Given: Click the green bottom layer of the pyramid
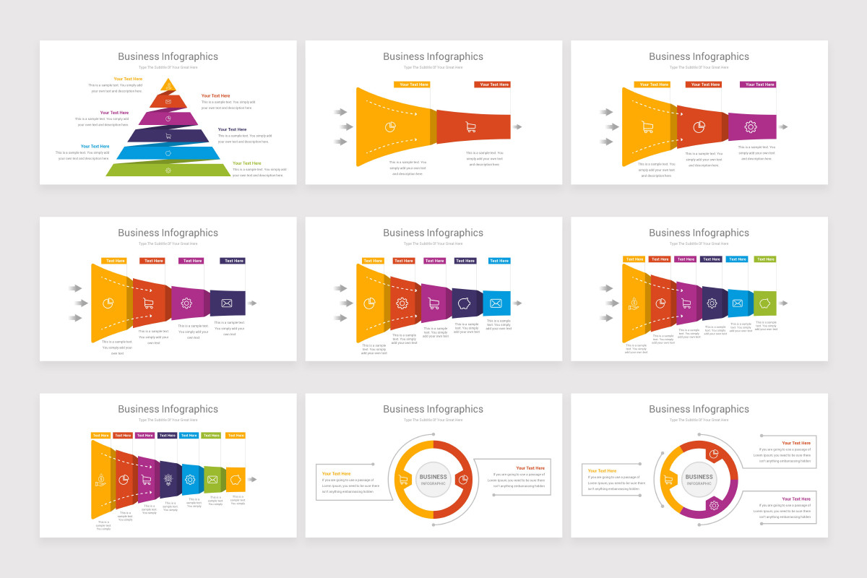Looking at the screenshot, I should pyautogui.click(x=168, y=171).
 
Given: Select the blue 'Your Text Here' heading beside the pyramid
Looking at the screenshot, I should pyautogui.click(x=95, y=146).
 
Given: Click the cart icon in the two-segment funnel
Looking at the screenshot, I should pyautogui.click(x=471, y=127).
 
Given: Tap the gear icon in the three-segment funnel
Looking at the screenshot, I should pyautogui.click(x=751, y=127).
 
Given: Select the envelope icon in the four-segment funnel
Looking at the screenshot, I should pyautogui.click(x=227, y=303).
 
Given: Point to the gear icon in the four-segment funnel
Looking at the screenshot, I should pyautogui.click(x=186, y=303).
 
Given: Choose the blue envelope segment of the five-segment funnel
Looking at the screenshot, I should pyautogui.click(x=496, y=303).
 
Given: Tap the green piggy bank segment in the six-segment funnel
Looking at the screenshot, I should pyautogui.click(x=764, y=303).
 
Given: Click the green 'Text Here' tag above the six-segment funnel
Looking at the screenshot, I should pyautogui.click(x=765, y=259).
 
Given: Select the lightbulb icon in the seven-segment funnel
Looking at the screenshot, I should pyautogui.click(x=168, y=479).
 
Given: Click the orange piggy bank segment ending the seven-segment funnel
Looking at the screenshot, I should pyautogui.click(x=236, y=479).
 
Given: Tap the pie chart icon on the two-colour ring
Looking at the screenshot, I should pyautogui.click(x=463, y=479).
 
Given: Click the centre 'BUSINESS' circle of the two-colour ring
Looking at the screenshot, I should pyautogui.click(x=433, y=479).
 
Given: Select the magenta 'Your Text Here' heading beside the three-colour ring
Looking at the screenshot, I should pyautogui.click(x=795, y=499).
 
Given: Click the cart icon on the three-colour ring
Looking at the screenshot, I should pyautogui.click(x=668, y=479).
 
